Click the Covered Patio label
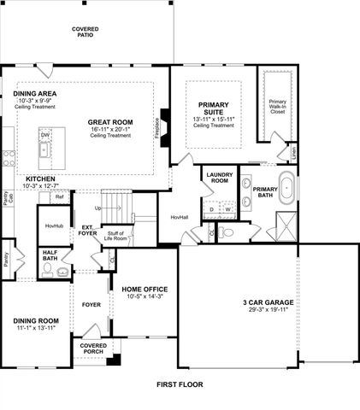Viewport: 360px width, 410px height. coord(86,32)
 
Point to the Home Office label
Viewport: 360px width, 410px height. coord(143,290)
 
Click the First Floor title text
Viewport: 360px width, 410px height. coord(179,385)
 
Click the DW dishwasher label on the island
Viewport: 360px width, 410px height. coord(45,135)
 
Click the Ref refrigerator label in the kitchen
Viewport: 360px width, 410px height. coord(60,197)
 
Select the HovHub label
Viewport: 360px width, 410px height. coord(52,225)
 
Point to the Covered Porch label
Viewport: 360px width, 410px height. coord(93,348)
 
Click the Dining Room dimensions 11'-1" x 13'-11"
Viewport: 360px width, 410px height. coord(35,328)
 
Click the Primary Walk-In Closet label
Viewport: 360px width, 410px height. coord(279,106)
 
